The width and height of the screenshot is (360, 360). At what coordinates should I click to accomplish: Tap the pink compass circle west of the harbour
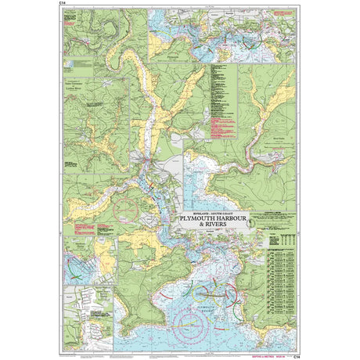[124, 211]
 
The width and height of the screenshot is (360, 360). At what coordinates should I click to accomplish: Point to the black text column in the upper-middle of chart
[210, 102]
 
